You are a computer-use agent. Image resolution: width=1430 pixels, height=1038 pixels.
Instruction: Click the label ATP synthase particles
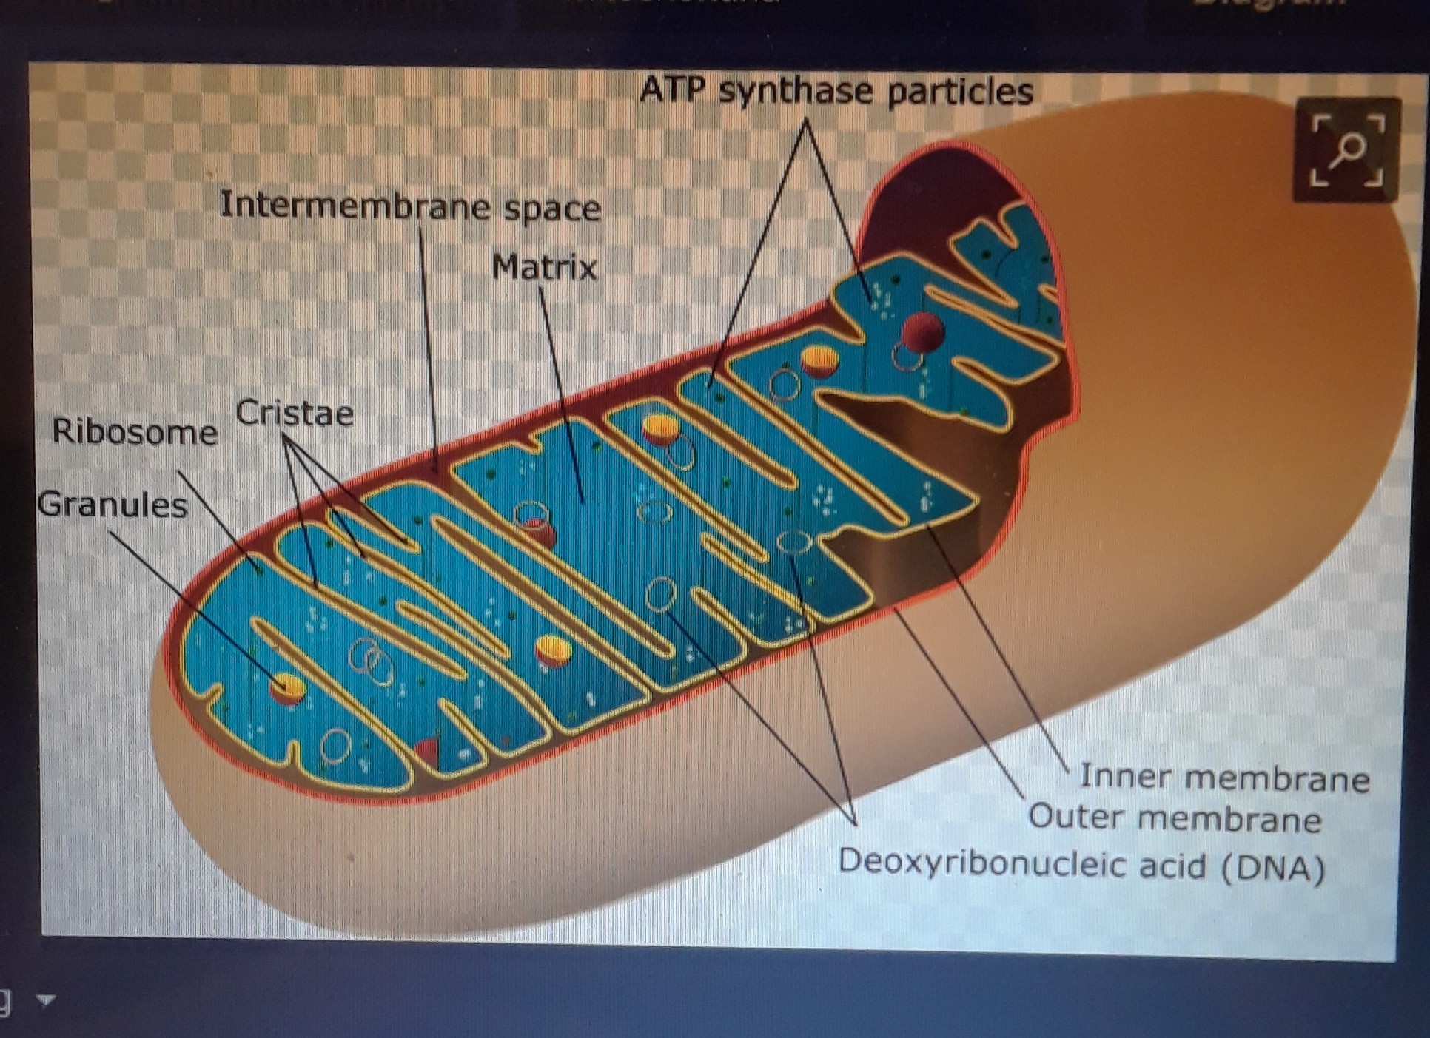836,92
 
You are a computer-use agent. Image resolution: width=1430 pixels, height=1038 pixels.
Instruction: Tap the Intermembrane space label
410,206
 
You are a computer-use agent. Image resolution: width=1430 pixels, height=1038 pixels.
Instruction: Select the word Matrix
544,267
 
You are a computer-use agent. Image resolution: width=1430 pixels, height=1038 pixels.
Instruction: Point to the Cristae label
295,413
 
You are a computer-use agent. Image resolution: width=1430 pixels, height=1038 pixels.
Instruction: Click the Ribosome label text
135,431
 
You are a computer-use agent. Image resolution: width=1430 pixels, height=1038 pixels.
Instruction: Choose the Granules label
112,505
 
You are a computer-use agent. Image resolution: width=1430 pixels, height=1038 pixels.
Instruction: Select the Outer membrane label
1175,818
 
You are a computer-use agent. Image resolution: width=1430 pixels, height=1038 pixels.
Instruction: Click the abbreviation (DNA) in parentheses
1273,867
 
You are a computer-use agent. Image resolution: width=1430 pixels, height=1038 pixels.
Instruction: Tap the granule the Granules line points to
288,687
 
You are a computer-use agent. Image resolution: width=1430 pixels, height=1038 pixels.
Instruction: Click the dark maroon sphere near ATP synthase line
922,331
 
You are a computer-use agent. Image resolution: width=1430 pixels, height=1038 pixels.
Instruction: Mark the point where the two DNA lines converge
855,823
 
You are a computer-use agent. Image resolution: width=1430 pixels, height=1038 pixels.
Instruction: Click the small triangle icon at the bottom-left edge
46,1000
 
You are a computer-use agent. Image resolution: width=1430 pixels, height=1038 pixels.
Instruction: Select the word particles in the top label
960,92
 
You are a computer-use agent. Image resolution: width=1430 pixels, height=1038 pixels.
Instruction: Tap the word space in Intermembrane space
552,209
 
